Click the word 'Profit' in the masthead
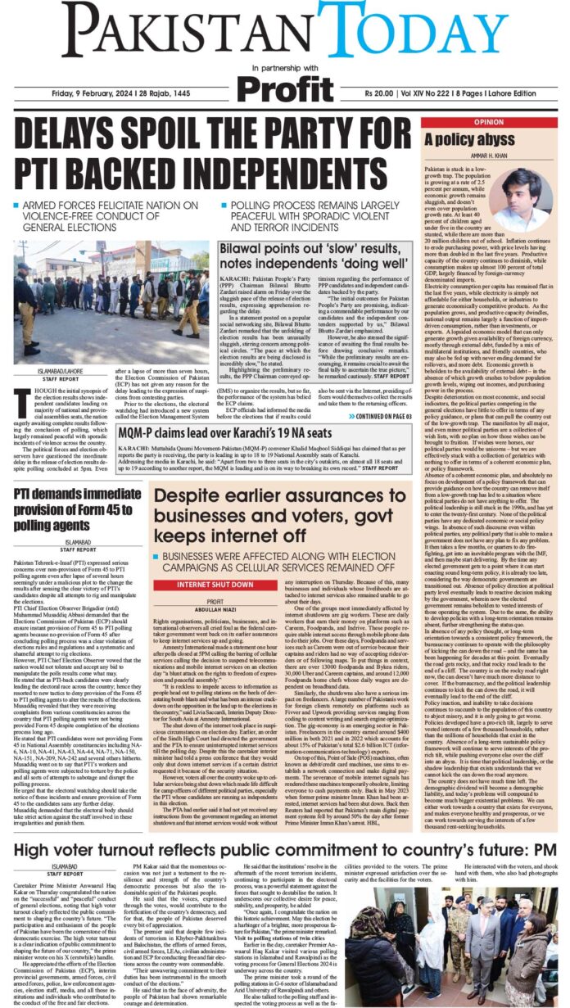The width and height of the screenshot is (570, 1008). (x=286, y=87)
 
